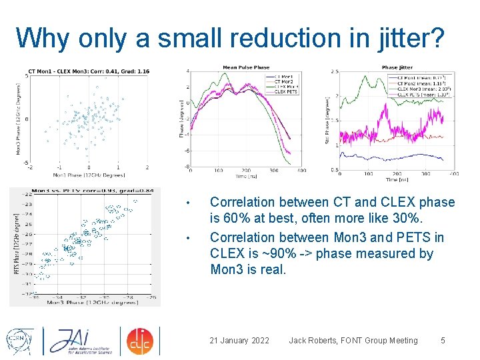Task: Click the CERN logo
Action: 21,341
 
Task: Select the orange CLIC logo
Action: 140,341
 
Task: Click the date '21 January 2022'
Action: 239,341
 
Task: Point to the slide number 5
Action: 443,341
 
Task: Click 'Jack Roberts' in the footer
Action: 313,341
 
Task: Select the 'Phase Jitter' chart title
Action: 398,67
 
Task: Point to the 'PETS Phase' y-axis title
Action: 16,243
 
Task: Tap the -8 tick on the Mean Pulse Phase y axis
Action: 187,167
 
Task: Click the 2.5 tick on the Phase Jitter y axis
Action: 334,71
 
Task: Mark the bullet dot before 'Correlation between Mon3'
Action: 189,238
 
